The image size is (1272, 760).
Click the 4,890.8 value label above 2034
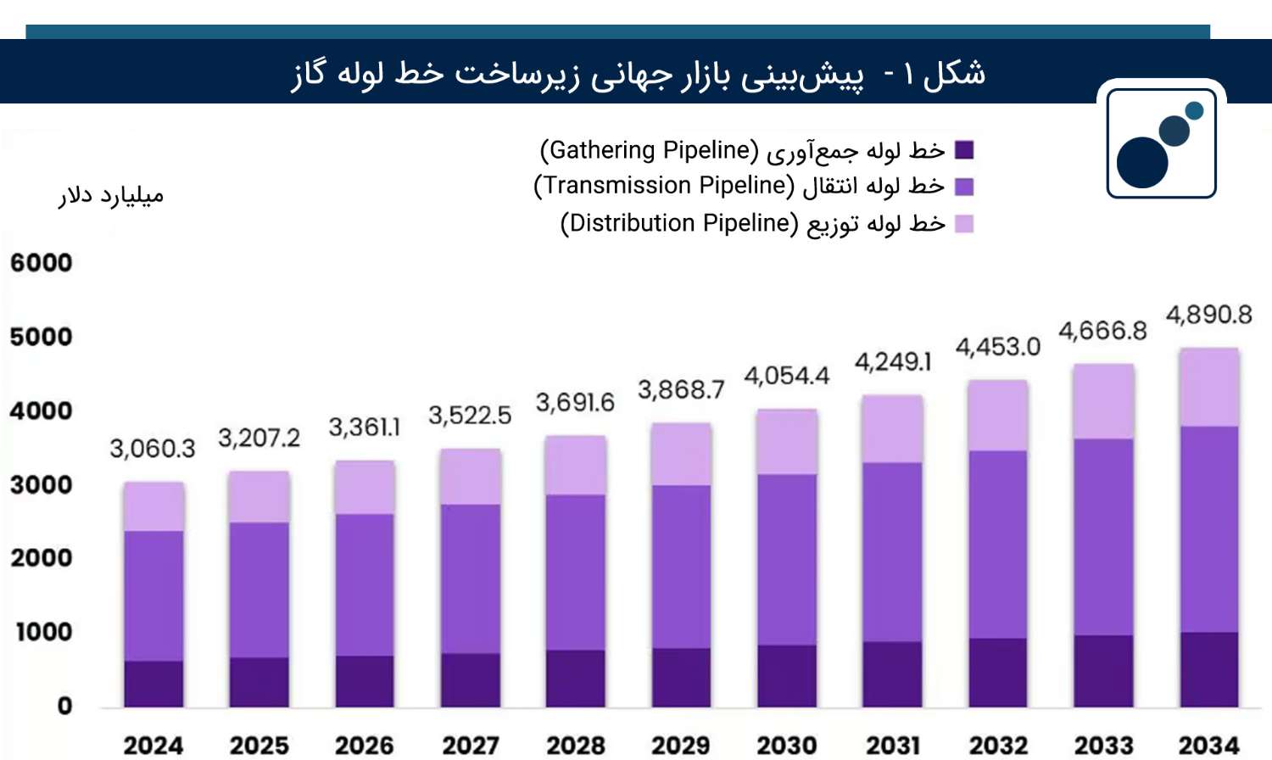(1208, 315)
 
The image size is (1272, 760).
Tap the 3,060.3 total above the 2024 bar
(153, 448)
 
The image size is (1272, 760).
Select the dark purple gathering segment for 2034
(1209, 669)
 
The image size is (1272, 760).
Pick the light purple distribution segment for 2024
(153, 506)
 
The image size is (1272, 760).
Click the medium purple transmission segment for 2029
(682, 567)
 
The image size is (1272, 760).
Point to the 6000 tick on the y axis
(41, 262)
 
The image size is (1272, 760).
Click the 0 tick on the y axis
(64, 706)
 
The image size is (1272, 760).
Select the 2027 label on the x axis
(471, 746)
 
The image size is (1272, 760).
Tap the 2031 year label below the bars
(893, 746)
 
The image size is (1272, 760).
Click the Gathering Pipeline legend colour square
(964, 150)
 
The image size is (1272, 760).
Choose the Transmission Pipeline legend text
(738, 186)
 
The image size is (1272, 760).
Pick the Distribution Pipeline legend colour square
(964, 224)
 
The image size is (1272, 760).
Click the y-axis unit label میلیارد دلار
(111, 196)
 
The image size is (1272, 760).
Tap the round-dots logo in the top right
(1161, 143)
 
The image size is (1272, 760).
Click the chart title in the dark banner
(638, 74)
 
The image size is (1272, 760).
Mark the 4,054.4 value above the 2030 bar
(786, 376)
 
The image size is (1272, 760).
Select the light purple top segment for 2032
(998, 415)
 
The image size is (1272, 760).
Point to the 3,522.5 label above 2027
(470, 415)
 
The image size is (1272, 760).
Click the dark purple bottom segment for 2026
(365, 681)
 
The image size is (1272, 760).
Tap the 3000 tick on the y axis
(41, 484)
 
